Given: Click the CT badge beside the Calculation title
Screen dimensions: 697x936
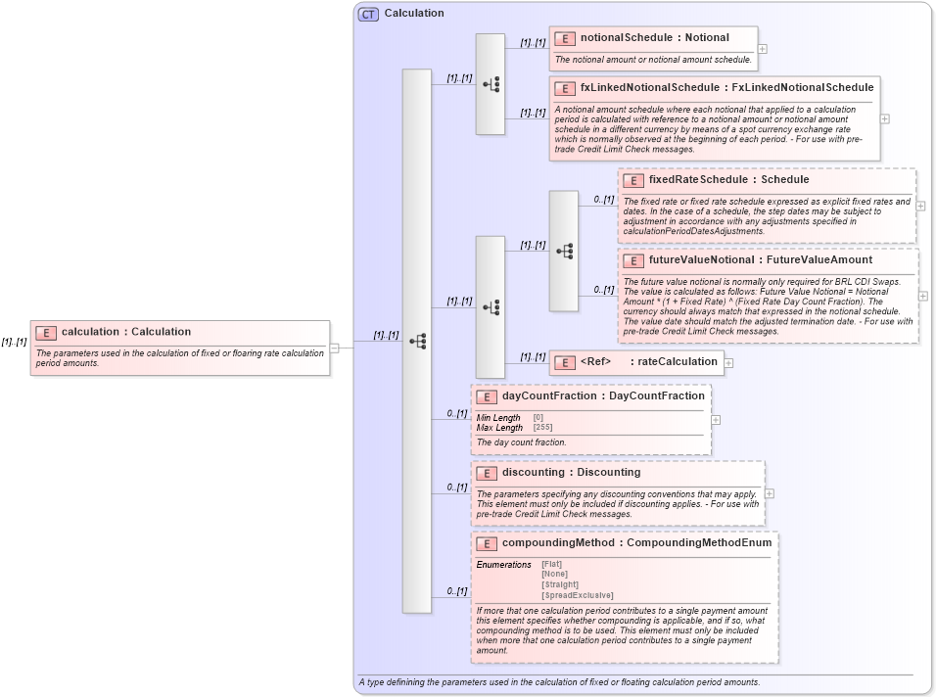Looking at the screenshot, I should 368,14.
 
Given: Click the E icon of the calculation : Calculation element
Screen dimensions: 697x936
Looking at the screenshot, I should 46,333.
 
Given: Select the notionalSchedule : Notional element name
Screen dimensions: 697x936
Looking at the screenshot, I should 654,38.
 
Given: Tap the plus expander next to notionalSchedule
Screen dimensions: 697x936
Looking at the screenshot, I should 763,49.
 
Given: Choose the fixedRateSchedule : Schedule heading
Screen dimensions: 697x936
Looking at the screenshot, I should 728,180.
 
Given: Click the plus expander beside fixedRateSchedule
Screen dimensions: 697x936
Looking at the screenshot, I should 920,207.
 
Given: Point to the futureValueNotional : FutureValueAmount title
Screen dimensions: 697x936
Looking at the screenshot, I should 760,260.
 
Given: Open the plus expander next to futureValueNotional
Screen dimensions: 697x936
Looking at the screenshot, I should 923,296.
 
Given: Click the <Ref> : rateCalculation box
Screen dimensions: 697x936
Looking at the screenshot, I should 635,362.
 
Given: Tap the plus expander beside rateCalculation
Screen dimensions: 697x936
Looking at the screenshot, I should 728,363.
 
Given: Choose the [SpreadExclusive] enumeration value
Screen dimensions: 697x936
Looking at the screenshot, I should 577,595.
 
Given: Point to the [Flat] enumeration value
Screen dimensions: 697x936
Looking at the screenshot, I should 552,564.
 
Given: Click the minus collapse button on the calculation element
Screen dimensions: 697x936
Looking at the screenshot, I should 335,348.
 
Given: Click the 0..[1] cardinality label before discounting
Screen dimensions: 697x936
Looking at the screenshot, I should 456,487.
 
